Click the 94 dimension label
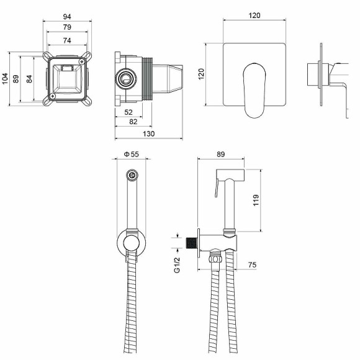point(67,17)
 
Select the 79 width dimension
point(67,27)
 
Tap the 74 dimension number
point(67,40)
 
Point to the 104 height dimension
point(5,79)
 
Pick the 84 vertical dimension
point(29,79)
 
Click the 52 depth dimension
point(128,112)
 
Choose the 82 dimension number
point(133,122)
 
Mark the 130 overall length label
point(148,133)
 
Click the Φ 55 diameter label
point(132,155)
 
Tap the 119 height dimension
point(256,200)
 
